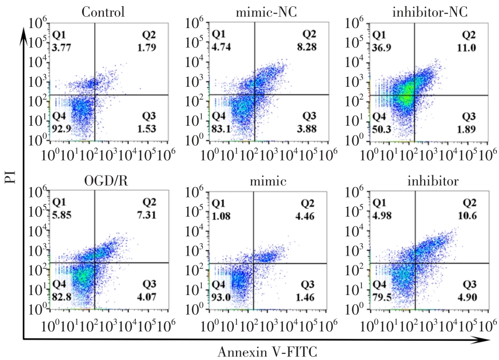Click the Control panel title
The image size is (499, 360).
pyautogui.click(x=103, y=12)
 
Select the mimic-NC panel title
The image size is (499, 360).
pyautogui.click(x=266, y=12)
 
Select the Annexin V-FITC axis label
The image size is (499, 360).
pyautogui.click(x=267, y=352)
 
